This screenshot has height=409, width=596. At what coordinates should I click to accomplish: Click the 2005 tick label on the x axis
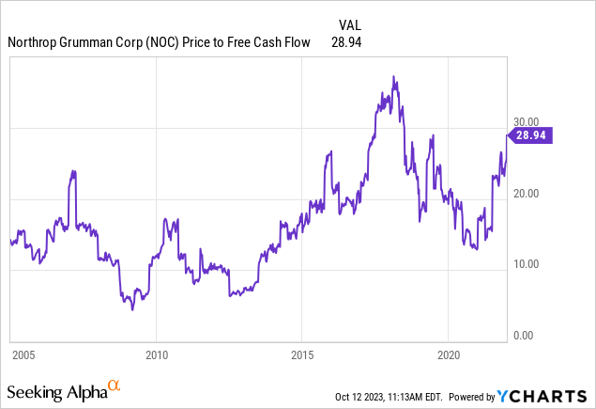click(23, 354)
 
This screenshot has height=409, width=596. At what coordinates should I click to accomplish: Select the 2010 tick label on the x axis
click(157, 354)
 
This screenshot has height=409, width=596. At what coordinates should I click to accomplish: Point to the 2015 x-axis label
click(302, 354)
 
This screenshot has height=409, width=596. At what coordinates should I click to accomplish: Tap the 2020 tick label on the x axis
click(448, 354)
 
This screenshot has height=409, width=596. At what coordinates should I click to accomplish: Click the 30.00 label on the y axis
click(526, 121)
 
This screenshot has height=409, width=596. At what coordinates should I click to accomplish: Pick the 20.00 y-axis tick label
click(526, 193)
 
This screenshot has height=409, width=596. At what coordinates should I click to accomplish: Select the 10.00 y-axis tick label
click(526, 264)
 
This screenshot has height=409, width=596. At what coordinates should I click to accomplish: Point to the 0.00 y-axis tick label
click(523, 335)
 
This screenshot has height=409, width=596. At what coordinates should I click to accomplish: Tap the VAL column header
click(349, 24)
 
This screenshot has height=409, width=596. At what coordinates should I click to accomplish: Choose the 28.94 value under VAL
click(346, 42)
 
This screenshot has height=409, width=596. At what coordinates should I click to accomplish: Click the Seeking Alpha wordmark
click(55, 388)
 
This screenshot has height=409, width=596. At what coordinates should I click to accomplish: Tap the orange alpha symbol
click(114, 385)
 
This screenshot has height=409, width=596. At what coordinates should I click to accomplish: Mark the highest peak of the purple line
click(394, 77)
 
